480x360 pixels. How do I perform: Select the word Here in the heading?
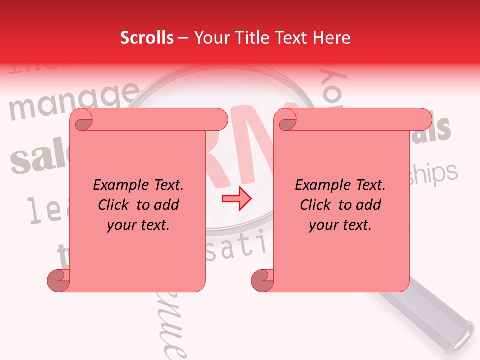pos(331,38)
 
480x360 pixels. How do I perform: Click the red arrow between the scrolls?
pos(236,199)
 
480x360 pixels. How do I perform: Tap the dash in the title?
pos(183,38)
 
